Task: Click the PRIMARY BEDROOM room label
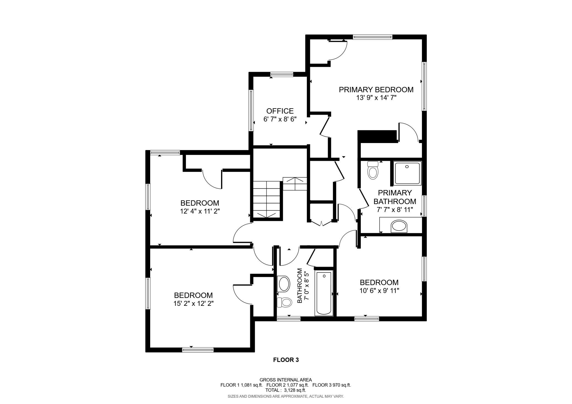tap(376, 90)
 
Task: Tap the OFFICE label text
tap(280, 111)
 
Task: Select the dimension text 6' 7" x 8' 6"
tap(280, 119)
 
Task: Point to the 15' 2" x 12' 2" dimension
tap(193, 303)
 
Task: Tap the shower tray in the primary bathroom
tap(408, 173)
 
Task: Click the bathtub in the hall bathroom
tap(324, 293)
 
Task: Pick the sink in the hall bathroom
tap(284, 284)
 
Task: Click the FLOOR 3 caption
tap(286, 360)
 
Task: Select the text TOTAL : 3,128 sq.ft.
tap(285, 390)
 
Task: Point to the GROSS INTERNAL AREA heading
tap(286, 380)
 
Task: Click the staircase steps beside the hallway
tap(266, 199)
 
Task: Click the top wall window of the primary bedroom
tap(373, 37)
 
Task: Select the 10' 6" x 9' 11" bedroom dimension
tap(379, 290)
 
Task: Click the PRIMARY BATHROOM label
tap(395, 197)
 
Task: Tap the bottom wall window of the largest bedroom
tap(198, 350)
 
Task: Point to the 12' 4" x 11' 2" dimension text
tap(200, 211)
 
